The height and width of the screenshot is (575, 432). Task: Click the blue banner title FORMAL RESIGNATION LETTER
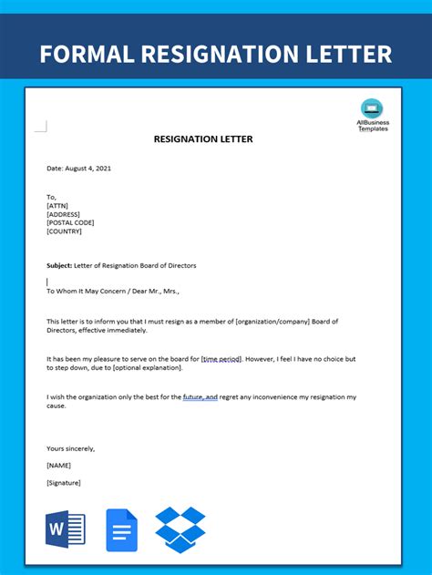pyautogui.click(x=216, y=53)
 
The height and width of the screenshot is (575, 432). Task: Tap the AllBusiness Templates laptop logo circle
pyautogui.click(x=372, y=108)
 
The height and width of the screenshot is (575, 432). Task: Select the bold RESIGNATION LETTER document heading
pyautogui.click(x=204, y=139)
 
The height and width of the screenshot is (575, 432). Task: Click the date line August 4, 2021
pyautogui.click(x=79, y=169)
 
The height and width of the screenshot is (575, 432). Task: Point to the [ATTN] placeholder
pyautogui.click(x=57, y=205)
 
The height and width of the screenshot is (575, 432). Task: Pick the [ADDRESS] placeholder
pyautogui.click(x=64, y=213)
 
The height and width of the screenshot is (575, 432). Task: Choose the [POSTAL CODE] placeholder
pyautogui.click(x=70, y=222)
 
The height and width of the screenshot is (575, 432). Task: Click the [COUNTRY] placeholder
pyautogui.click(x=64, y=231)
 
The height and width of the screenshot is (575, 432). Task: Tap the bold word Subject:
pyautogui.click(x=58, y=265)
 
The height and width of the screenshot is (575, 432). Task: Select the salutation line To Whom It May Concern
pyautogui.click(x=91, y=291)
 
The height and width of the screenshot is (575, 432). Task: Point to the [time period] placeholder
pyautogui.click(x=222, y=359)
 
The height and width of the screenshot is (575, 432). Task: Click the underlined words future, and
pyautogui.click(x=200, y=397)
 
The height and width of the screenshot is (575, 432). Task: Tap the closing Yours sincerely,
pyautogui.click(x=70, y=448)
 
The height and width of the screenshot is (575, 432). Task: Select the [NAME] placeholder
pyautogui.click(x=58, y=465)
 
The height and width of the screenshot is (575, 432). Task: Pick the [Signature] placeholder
pyautogui.click(x=64, y=482)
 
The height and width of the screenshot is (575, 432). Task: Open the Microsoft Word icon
pyautogui.click(x=65, y=529)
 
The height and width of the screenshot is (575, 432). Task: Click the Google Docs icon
pyautogui.click(x=121, y=529)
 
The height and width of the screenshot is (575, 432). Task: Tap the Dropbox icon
pyautogui.click(x=180, y=529)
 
